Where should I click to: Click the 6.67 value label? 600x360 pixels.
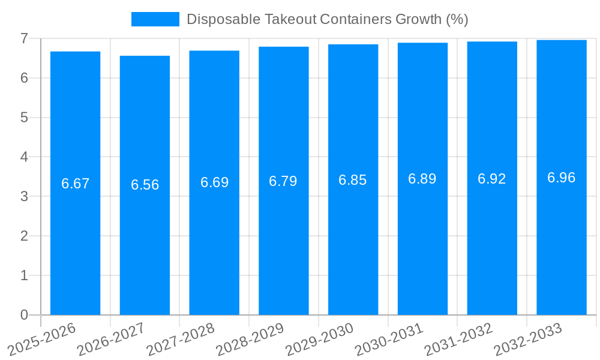75,184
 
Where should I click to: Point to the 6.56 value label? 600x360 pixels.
145,185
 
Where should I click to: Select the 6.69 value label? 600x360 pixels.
214,182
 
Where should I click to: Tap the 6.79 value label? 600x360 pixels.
283,181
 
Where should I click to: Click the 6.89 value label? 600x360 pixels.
422,179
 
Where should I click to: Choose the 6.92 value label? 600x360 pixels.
491,179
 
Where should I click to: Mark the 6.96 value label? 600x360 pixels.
561,178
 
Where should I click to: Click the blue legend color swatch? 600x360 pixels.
155,19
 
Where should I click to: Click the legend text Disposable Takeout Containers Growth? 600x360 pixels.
327,19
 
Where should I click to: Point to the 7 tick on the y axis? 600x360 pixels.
24,38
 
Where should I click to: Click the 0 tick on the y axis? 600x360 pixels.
24,315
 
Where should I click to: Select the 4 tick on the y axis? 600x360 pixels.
24,157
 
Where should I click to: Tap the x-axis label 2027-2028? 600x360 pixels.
179,339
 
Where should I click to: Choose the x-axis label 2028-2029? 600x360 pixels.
249,339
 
